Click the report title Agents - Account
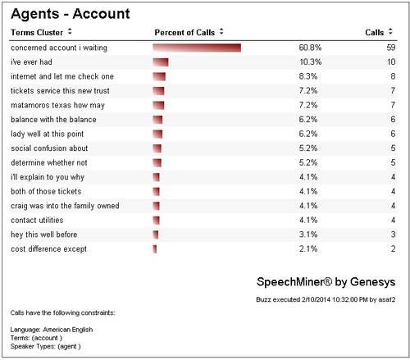[71, 14]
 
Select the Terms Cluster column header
[37, 33]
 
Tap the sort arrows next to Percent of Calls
[221, 32]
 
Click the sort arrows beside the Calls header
[390, 32]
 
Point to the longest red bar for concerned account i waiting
[197, 48]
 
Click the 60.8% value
[310, 48]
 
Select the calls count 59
[391, 48]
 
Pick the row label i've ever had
[31, 62]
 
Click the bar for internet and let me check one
[159, 76]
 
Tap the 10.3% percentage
[311, 62]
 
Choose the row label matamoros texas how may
[57, 106]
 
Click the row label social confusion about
[49, 148]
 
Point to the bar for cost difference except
[155, 249]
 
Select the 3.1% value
[308, 235]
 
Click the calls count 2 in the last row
[393, 249]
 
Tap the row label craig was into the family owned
[65, 206]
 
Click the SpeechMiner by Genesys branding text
[326, 282]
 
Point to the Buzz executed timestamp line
[326, 299]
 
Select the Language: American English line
[52, 330]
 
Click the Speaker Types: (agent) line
[46, 346]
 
